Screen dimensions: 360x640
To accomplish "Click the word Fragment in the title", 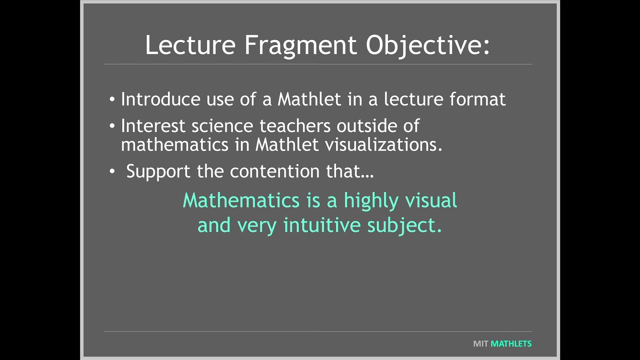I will pos(300,45).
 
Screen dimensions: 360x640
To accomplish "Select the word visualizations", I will pos(383,144).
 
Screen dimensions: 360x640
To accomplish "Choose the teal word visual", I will pos(431,200).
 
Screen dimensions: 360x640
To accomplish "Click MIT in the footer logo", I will pos(480,344).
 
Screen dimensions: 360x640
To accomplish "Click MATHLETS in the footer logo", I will pos(511,344).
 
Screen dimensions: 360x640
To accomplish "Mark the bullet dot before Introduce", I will pos(112,99).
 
